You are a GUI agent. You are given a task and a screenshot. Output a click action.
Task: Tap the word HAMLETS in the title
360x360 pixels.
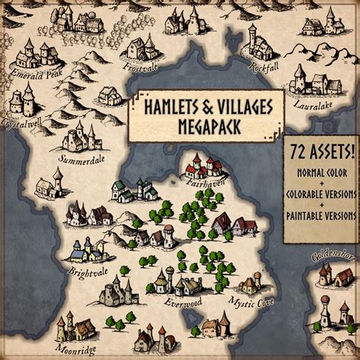click(168, 107)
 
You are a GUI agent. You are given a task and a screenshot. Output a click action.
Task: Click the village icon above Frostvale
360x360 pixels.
click(144, 47)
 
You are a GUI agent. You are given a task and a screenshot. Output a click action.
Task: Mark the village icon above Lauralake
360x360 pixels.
click(307, 82)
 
